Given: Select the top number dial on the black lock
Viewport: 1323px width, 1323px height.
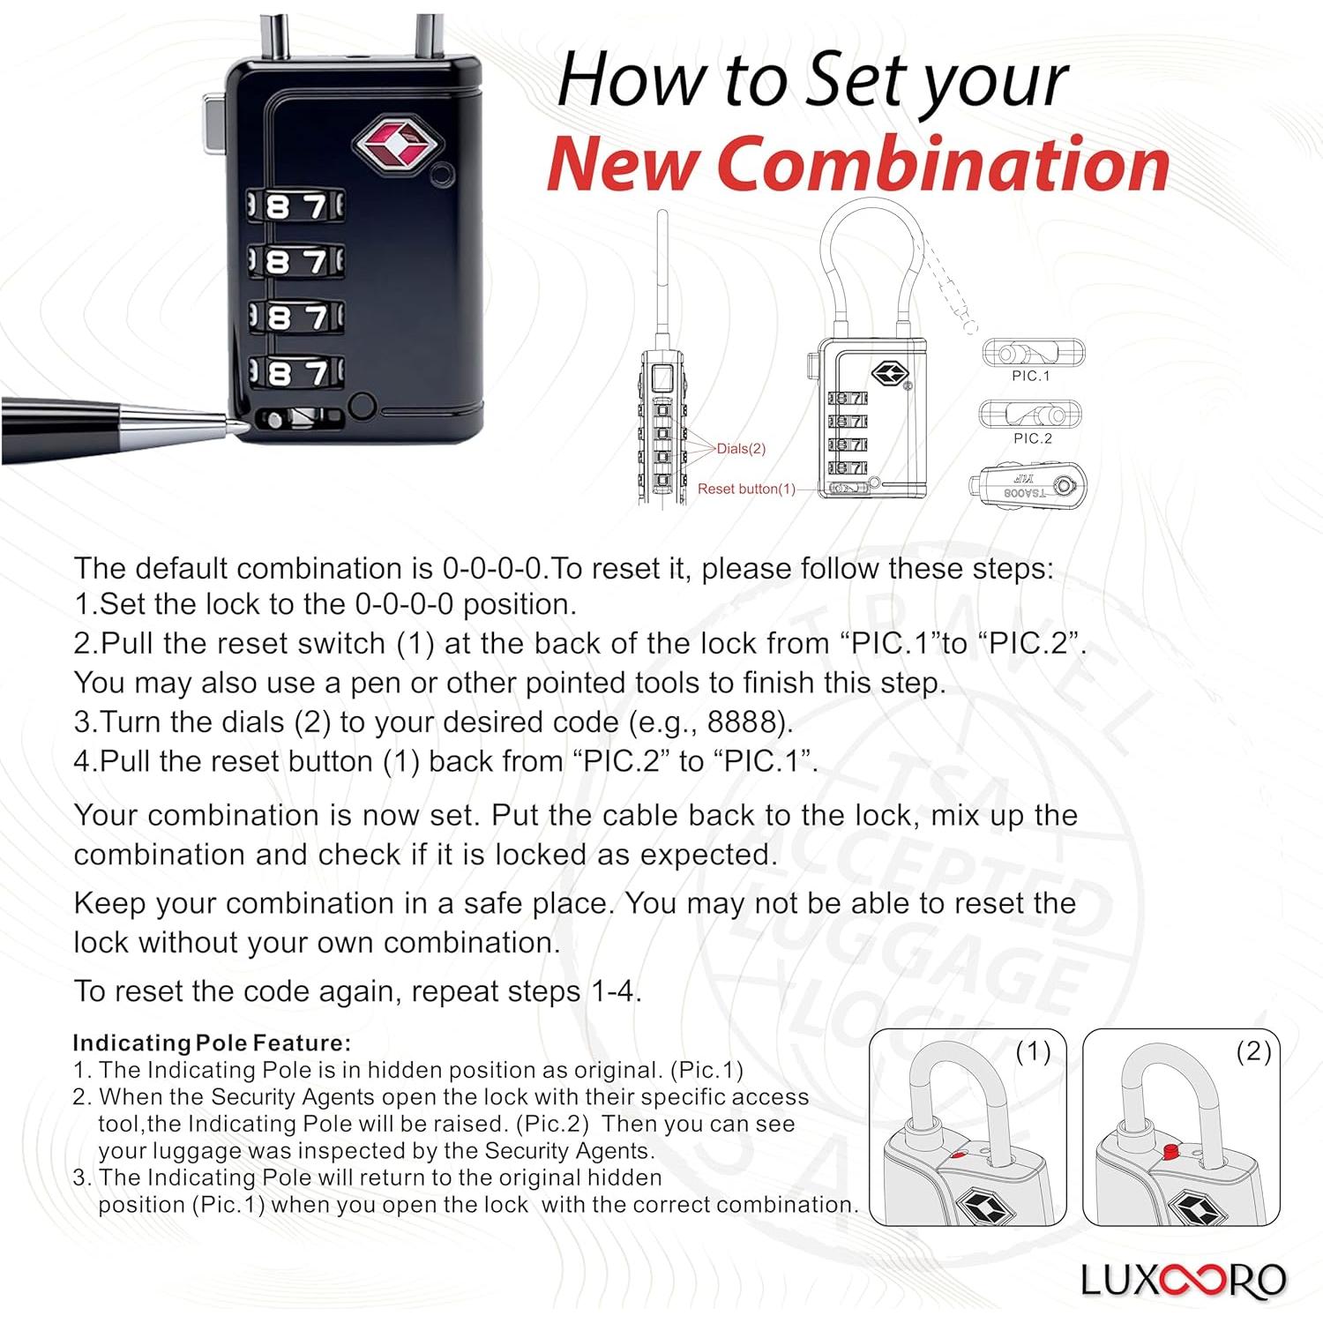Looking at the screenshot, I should pos(295,206).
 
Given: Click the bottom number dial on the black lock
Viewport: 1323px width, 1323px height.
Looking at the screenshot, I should pos(295,372).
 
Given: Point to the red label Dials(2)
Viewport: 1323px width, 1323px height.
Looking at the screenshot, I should pos(741,449).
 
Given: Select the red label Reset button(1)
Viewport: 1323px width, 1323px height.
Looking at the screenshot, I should pos(746,489).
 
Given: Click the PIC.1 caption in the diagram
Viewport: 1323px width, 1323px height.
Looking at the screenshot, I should pos(1031,376).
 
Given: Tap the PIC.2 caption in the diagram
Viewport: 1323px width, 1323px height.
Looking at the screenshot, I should pos(1032,438).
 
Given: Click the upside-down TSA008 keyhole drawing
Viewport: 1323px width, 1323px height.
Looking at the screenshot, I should pos(1028,486).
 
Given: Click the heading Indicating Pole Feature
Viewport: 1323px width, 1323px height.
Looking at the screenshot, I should pos(212,1043).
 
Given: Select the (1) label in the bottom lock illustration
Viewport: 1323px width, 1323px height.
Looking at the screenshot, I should pos(1033,1051).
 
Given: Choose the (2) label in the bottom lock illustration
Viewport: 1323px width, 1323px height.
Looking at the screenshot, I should pos(1252,1051).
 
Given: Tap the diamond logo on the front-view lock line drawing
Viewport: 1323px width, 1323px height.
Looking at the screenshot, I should pos(890,373).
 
